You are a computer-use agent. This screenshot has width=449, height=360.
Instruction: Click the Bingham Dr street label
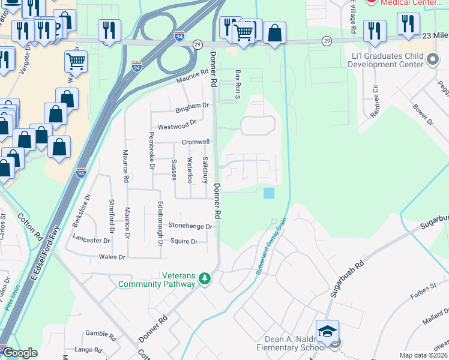click(192, 107)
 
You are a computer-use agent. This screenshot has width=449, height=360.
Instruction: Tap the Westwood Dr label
click(177, 124)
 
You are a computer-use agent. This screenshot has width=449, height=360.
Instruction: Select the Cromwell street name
click(196, 142)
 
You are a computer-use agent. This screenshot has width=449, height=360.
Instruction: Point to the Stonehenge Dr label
click(190, 227)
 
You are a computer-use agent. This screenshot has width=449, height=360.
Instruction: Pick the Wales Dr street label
click(112, 257)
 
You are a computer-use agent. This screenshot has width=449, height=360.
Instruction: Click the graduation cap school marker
click(327, 332)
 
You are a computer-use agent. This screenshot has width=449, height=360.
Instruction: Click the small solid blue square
click(269, 193)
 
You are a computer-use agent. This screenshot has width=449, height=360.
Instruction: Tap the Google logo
click(19, 353)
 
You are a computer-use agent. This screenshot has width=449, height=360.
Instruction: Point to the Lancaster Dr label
click(91, 239)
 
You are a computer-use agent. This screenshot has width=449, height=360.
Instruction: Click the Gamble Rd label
click(95, 333)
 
